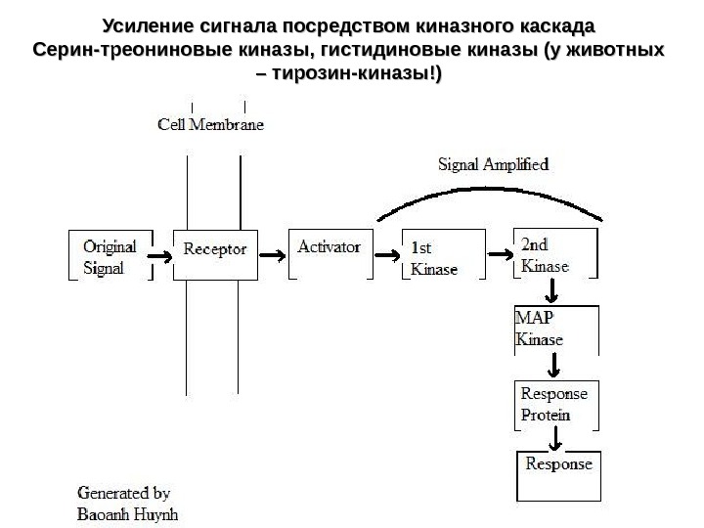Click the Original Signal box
point(110,254)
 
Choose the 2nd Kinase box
point(555,254)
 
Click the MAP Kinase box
point(555,330)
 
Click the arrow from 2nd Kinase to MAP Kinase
point(553,290)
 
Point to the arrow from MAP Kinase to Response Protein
point(555,367)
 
